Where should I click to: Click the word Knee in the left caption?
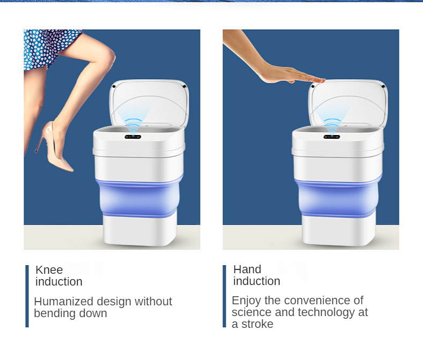[49, 269]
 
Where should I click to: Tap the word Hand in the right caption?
[247, 269]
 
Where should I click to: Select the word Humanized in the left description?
[64, 301]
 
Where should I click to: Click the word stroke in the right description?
[257, 324]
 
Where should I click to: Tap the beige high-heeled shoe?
[54, 146]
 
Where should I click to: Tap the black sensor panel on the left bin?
[133, 137]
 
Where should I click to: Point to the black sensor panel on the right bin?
[331, 137]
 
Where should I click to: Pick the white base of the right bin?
[339, 230]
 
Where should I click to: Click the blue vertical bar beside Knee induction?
[27, 296]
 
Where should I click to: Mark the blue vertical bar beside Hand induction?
[225, 296]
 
